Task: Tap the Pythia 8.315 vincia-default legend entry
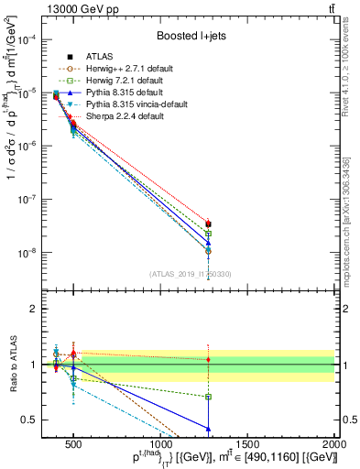[x=126, y=104]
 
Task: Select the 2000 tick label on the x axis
[x=335, y=448]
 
